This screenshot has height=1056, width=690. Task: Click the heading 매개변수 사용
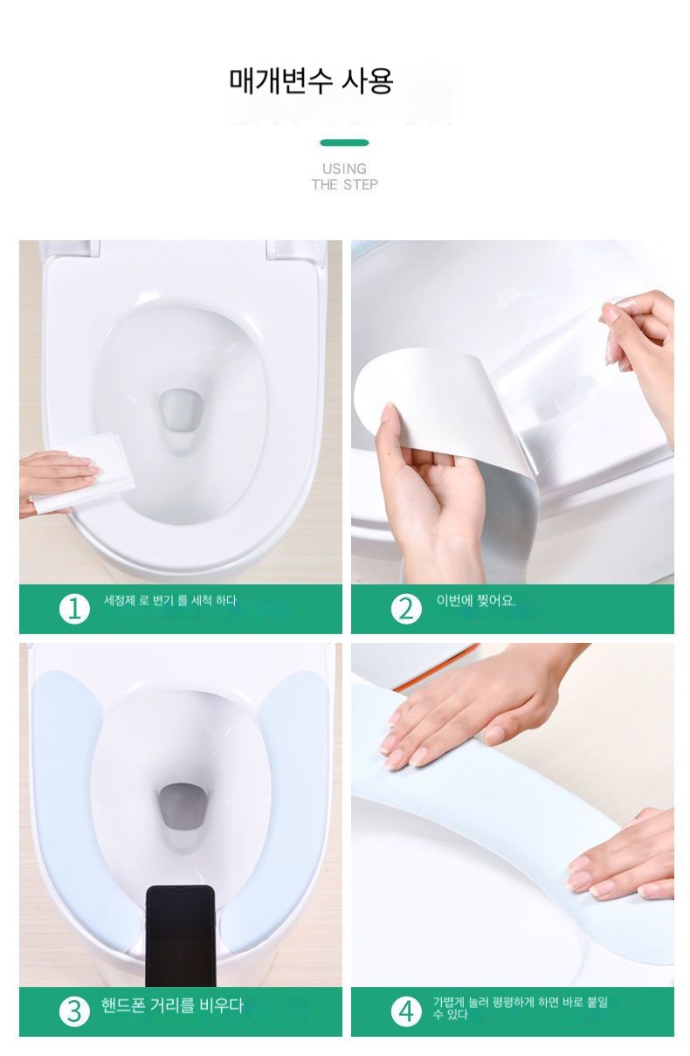tap(311, 81)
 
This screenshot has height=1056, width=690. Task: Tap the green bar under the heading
tap(344, 142)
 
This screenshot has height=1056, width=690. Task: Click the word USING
tap(344, 169)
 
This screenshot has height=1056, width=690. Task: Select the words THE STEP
tap(344, 184)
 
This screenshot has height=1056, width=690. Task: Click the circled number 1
tap(74, 609)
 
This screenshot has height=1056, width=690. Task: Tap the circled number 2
tap(406, 609)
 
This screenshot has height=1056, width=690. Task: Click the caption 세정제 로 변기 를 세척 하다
tap(170, 600)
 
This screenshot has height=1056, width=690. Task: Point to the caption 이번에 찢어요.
tap(476, 600)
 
